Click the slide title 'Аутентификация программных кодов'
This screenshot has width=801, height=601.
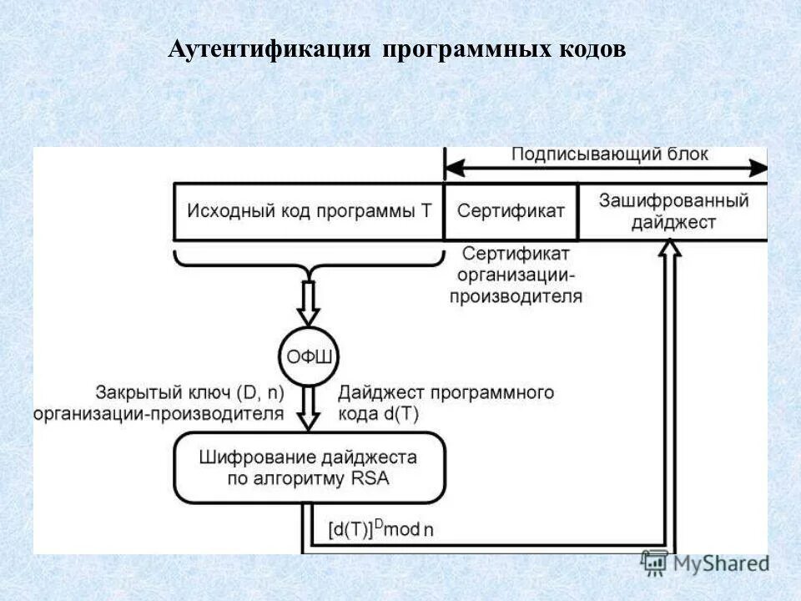coord(396,49)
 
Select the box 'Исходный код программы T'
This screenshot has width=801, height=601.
coord(309,210)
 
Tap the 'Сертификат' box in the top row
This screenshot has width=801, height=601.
coord(510,210)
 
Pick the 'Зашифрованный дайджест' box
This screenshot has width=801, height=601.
coord(673,210)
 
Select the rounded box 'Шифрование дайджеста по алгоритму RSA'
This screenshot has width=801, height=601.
coord(309,467)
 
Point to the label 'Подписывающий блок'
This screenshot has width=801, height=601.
coord(609,154)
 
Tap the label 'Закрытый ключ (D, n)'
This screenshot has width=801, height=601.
coord(189,392)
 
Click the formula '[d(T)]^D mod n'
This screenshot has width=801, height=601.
coord(380,529)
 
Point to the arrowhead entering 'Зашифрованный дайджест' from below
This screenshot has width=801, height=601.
coord(669,247)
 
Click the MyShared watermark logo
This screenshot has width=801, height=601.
coord(705,563)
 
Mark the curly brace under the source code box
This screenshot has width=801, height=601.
coord(309,262)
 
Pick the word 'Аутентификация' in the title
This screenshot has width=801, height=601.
coord(269,49)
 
